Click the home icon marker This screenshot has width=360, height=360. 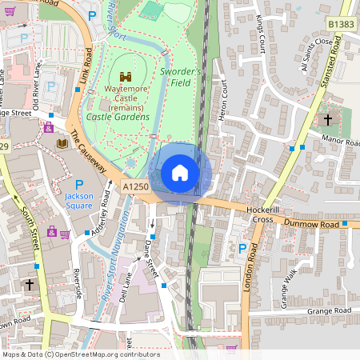[x=180, y=172]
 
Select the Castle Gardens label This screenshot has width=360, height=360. [x=118, y=118]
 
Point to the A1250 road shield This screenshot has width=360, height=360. [x=136, y=186]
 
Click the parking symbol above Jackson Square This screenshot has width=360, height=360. [x=79, y=186]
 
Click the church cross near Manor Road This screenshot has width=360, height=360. [x=327, y=121]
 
